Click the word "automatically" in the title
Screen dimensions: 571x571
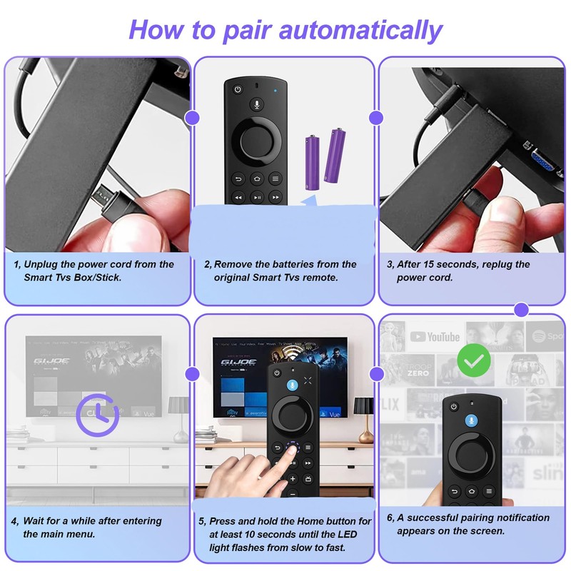pos(360,30)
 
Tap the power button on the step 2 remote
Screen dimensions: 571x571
pos(238,89)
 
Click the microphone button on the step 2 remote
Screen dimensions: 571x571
pos(257,105)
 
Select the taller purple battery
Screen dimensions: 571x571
pos(335,155)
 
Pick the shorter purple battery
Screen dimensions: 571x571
pos(312,163)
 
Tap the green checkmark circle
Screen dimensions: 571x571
pos(474,360)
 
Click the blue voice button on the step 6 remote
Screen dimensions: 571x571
pos(471,420)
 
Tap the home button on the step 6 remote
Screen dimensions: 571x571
pos(472,491)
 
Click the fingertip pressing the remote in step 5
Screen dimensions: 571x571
pos(290,451)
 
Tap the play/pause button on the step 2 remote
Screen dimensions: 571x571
pos(257,198)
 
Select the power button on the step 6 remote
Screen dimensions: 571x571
pos(454,406)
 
